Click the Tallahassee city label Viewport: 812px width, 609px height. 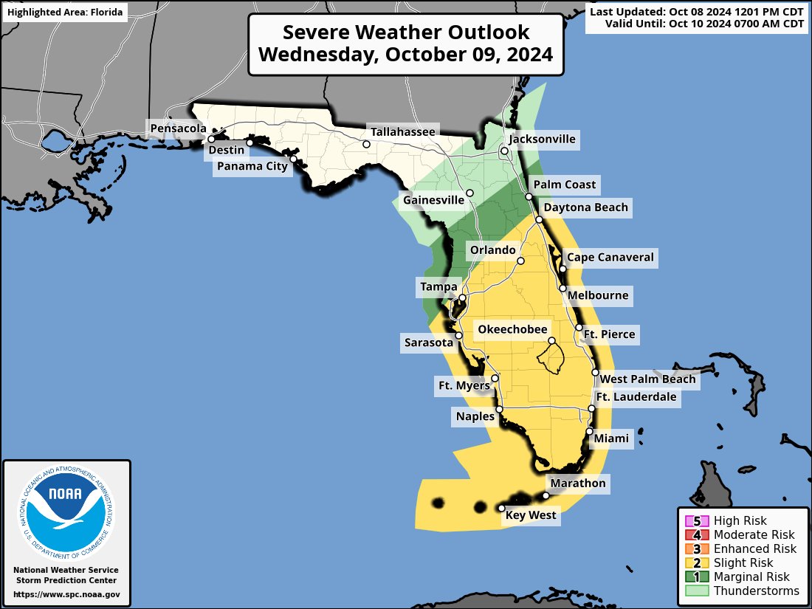click(403, 131)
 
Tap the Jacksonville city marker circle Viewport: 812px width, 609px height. click(505, 151)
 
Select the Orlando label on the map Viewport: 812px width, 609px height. click(493, 250)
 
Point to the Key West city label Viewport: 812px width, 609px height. click(531, 515)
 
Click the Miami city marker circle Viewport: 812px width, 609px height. click(590, 432)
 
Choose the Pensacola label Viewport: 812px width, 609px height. click(178, 128)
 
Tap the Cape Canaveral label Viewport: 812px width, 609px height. click(610, 258)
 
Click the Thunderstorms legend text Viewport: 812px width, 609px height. click(756, 591)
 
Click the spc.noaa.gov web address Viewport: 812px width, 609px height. click(66, 594)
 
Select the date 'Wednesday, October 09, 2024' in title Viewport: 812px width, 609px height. click(406, 55)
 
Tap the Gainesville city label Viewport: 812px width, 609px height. click(433, 200)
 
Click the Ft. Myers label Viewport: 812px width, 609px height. click(463, 385)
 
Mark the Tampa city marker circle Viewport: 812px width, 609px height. click(462, 299)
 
